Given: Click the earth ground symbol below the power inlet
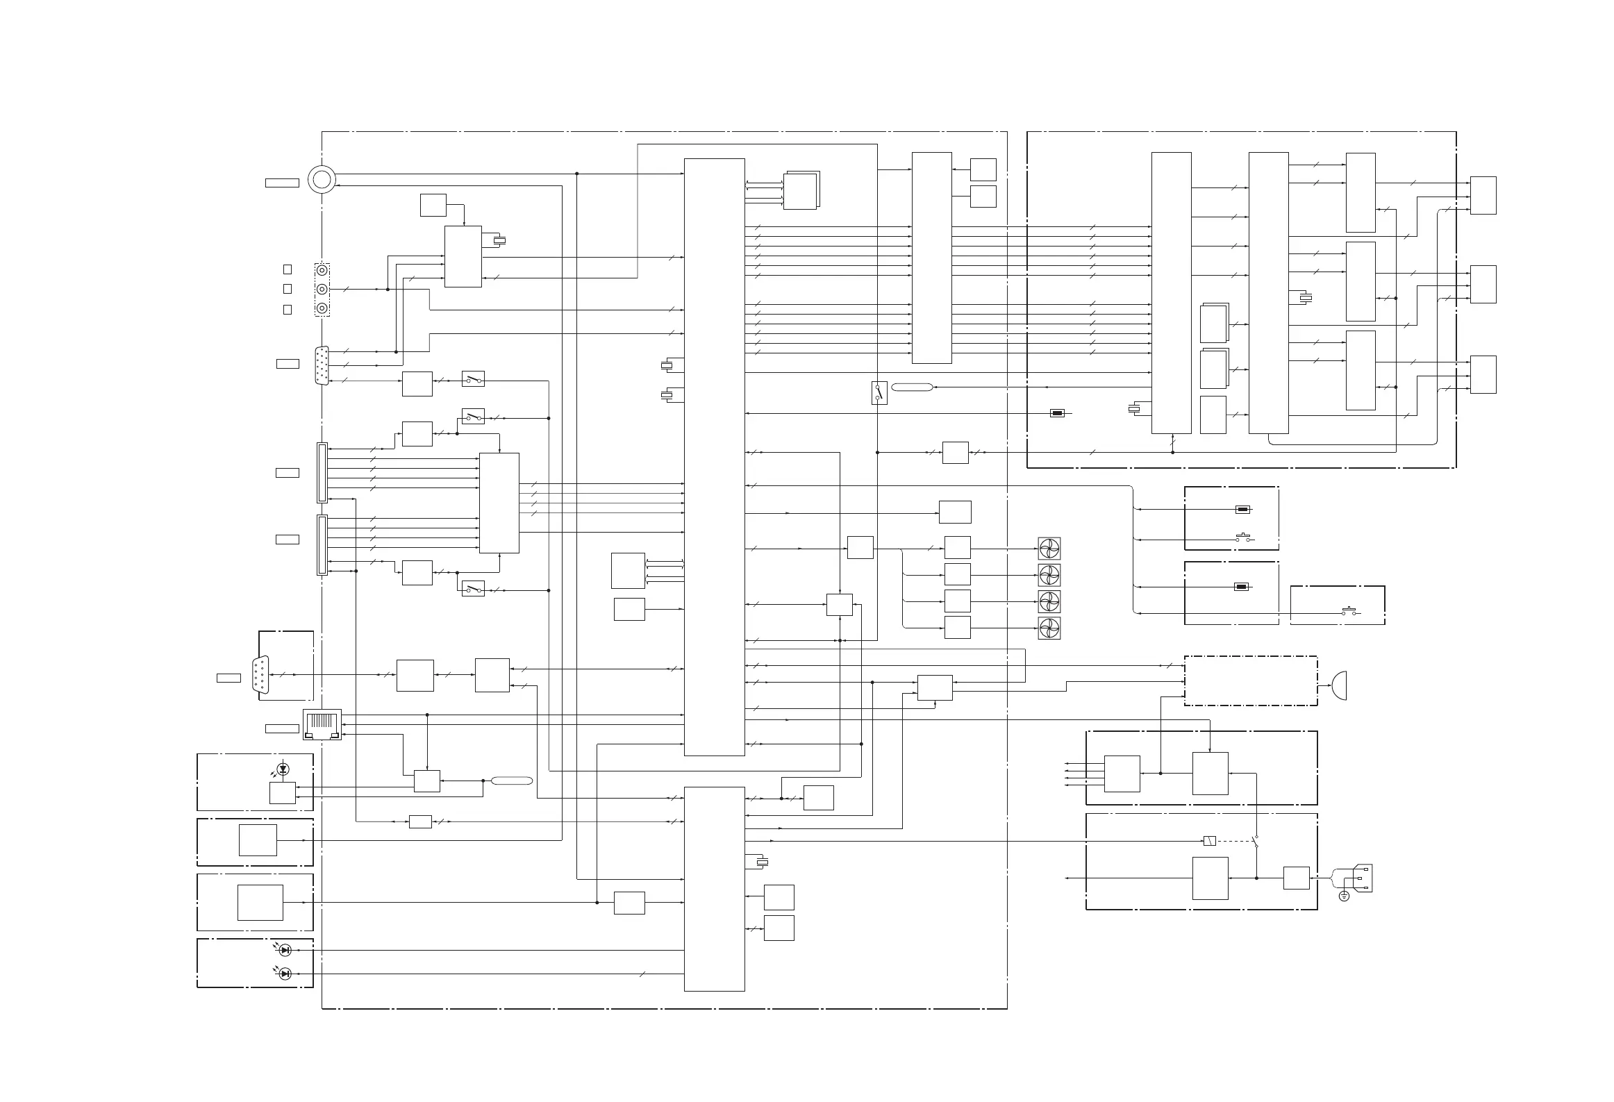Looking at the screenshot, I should click(x=1344, y=896).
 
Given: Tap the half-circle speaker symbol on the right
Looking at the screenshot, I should click(x=1339, y=685).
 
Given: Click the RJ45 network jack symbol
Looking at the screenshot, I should click(x=322, y=725).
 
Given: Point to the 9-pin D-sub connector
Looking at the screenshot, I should click(x=261, y=674).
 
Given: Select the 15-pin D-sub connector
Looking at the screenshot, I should click(x=322, y=365).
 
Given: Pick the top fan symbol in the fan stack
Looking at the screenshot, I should click(x=1049, y=549).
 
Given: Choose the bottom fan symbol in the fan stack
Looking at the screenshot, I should click(x=1049, y=628).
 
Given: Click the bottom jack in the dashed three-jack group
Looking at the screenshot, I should click(x=322, y=309).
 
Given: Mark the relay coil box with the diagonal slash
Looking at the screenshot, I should click(x=1209, y=841).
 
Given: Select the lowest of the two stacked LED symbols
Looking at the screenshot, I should click(x=284, y=974).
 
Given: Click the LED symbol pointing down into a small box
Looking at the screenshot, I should click(x=283, y=769).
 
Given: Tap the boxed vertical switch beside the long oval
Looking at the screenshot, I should click(x=879, y=392).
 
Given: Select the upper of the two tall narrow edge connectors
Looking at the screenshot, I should click(x=322, y=472).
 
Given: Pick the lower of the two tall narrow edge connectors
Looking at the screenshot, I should click(x=322, y=544).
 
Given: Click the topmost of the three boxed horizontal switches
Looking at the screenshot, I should click(x=473, y=379).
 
